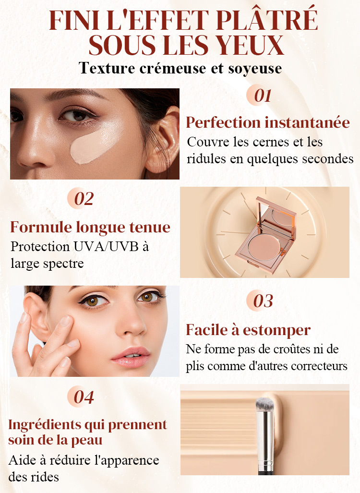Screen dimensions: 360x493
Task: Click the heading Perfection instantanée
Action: click(x=267, y=122)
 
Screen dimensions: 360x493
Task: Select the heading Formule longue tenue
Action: click(x=90, y=227)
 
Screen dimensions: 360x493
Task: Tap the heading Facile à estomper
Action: click(x=248, y=330)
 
